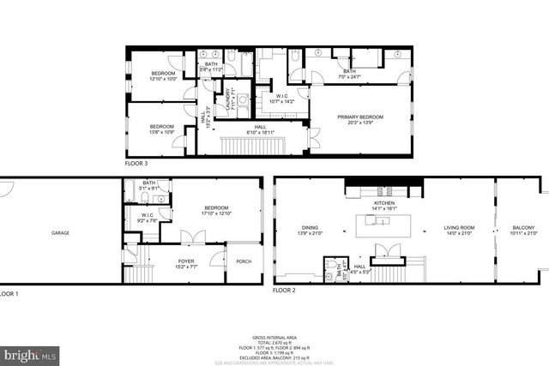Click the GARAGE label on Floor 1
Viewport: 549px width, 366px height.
(60, 233)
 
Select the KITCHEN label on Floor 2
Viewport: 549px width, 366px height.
(383, 203)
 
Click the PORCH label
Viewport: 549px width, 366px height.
(243, 261)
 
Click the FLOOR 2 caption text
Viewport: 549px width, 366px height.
(283, 291)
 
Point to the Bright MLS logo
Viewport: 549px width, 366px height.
(30, 353)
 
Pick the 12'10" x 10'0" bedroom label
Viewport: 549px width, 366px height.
(163, 76)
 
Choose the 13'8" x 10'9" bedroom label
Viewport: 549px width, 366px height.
(161, 129)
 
